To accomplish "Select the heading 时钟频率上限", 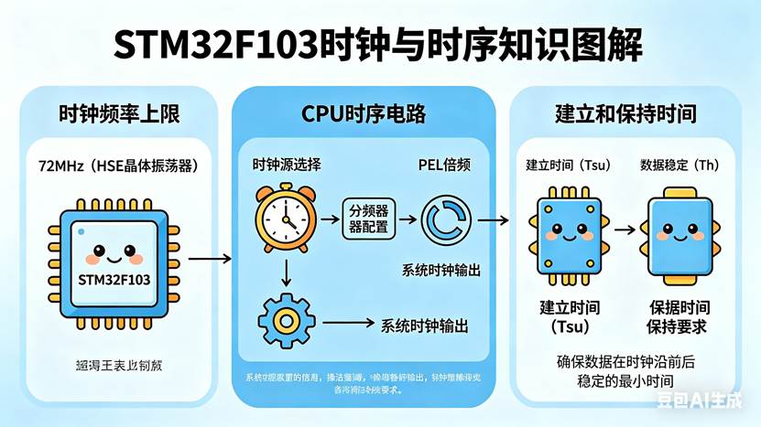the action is click(x=118, y=114).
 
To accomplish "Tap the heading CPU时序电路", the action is click(x=364, y=114).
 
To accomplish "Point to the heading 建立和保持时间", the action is click(x=625, y=114).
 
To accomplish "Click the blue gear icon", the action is click(x=286, y=321).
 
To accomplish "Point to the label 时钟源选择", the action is click(x=287, y=165).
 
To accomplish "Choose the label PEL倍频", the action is click(x=444, y=165).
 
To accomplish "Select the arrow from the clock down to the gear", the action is click(x=286, y=272).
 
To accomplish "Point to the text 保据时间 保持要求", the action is click(x=679, y=317).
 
